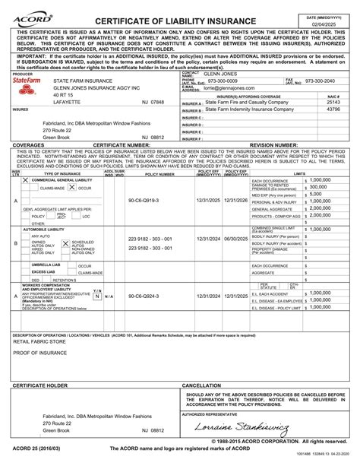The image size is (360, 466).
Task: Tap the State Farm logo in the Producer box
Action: (26, 80)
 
